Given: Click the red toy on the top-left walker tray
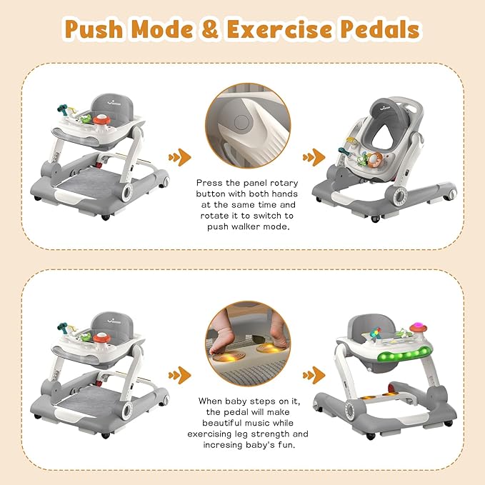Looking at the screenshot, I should pyautogui.click(x=104, y=119).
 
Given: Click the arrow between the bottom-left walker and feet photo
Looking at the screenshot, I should pyautogui.click(x=179, y=373).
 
